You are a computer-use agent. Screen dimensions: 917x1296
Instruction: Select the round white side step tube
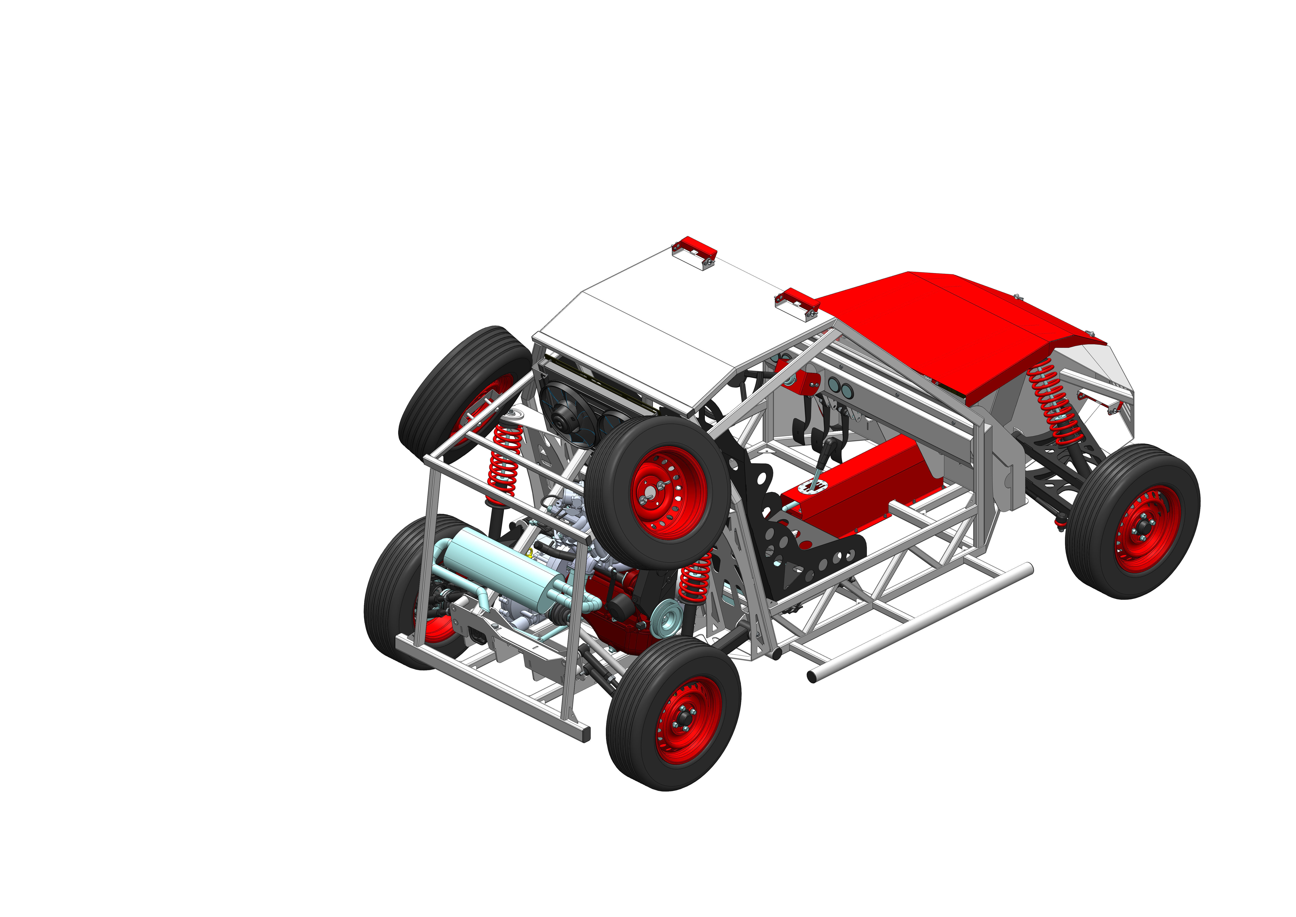[920, 621]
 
